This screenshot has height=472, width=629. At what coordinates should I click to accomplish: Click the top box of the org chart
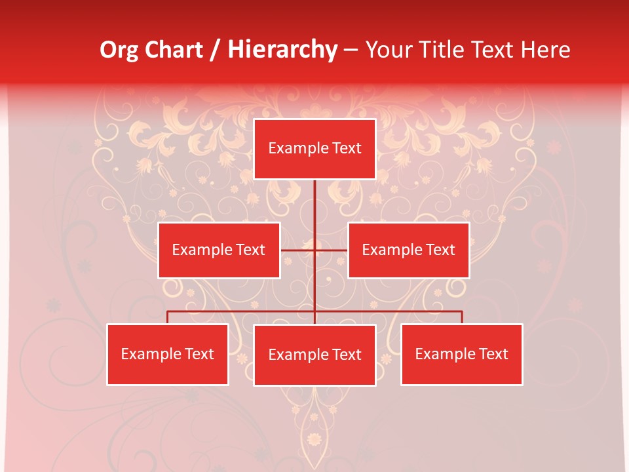(x=314, y=149)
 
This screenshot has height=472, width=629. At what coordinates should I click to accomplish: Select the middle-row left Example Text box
(x=219, y=250)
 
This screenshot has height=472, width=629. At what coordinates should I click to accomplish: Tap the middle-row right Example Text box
(x=408, y=250)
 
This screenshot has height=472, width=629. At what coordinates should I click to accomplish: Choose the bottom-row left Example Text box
(x=168, y=354)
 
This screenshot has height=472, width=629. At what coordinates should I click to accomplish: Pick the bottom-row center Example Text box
(x=314, y=355)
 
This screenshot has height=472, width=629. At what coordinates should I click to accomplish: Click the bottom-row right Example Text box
(x=461, y=354)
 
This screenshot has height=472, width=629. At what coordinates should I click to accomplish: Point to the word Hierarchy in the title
(x=282, y=50)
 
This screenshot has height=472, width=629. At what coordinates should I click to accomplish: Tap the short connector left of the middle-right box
(x=332, y=250)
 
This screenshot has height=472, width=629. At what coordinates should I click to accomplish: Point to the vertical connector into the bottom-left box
(x=168, y=317)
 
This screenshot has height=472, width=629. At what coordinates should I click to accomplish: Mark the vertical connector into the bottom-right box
(x=462, y=317)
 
